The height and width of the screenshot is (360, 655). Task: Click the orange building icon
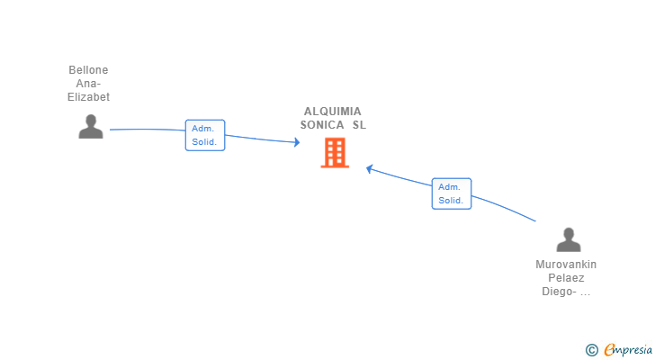click(335, 153)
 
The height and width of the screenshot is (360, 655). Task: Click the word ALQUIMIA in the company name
click(333, 112)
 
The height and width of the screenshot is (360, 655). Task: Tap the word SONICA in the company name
click(322, 125)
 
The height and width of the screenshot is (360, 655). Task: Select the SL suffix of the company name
click(360, 125)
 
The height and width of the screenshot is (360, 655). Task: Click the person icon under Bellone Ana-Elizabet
click(91, 127)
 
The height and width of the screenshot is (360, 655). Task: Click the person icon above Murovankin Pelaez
click(569, 239)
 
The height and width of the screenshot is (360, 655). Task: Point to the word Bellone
click(88, 70)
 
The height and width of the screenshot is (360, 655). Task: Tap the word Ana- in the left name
click(88, 84)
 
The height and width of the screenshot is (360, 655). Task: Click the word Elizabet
click(88, 97)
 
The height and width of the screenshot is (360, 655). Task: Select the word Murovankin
click(566, 265)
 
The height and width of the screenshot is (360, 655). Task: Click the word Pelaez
click(566, 278)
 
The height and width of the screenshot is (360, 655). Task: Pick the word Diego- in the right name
click(558, 292)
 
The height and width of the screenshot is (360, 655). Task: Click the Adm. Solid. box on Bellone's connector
click(204, 135)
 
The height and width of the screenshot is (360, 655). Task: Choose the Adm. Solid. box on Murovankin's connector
click(451, 193)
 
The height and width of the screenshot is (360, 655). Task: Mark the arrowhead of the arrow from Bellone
click(296, 142)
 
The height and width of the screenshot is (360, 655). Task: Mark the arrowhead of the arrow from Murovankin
click(370, 167)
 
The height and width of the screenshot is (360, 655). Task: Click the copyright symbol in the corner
click(591, 350)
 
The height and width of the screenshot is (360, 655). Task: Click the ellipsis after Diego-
click(585, 292)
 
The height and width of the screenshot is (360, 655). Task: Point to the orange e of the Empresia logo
click(610, 350)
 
